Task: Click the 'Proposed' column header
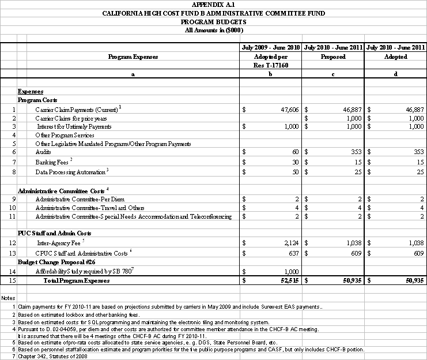tap(333, 57)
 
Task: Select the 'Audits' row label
tap(43, 151)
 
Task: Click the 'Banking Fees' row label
tap(52, 162)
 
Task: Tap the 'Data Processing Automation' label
tap(70, 172)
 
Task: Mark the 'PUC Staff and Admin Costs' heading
tap(55, 233)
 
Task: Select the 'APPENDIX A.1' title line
tap(213, 4)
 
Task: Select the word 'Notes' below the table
tap(9, 298)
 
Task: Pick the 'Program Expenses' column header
tap(133, 57)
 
